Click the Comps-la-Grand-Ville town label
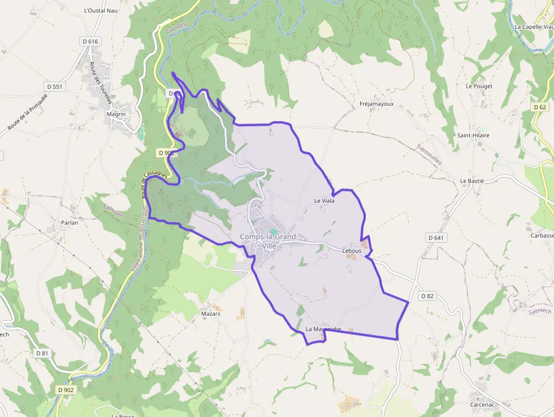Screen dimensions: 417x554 click(x=268, y=241)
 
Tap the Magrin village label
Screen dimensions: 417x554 click(x=116, y=114)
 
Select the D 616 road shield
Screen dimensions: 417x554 click(x=90, y=41)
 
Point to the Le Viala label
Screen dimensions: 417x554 click(x=324, y=201)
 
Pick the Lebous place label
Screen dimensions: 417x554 click(x=352, y=250)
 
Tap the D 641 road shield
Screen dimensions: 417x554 click(x=435, y=238)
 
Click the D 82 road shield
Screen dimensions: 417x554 click(x=427, y=296)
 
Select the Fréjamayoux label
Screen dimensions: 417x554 click(x=376, y=104)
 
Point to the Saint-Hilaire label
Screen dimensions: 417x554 click(x=473, y=136)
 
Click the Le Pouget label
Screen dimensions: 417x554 click(x=479, y=86)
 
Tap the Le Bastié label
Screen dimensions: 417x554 click(x=472, y=180)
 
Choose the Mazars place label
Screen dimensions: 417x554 click(x=210, y=313)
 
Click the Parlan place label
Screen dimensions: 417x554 click(x=70, y=222)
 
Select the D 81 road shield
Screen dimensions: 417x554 click(x=42, y=353)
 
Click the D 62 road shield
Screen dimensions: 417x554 click(x=540, y=107)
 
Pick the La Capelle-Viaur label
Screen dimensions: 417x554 click(x=534, y=27)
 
